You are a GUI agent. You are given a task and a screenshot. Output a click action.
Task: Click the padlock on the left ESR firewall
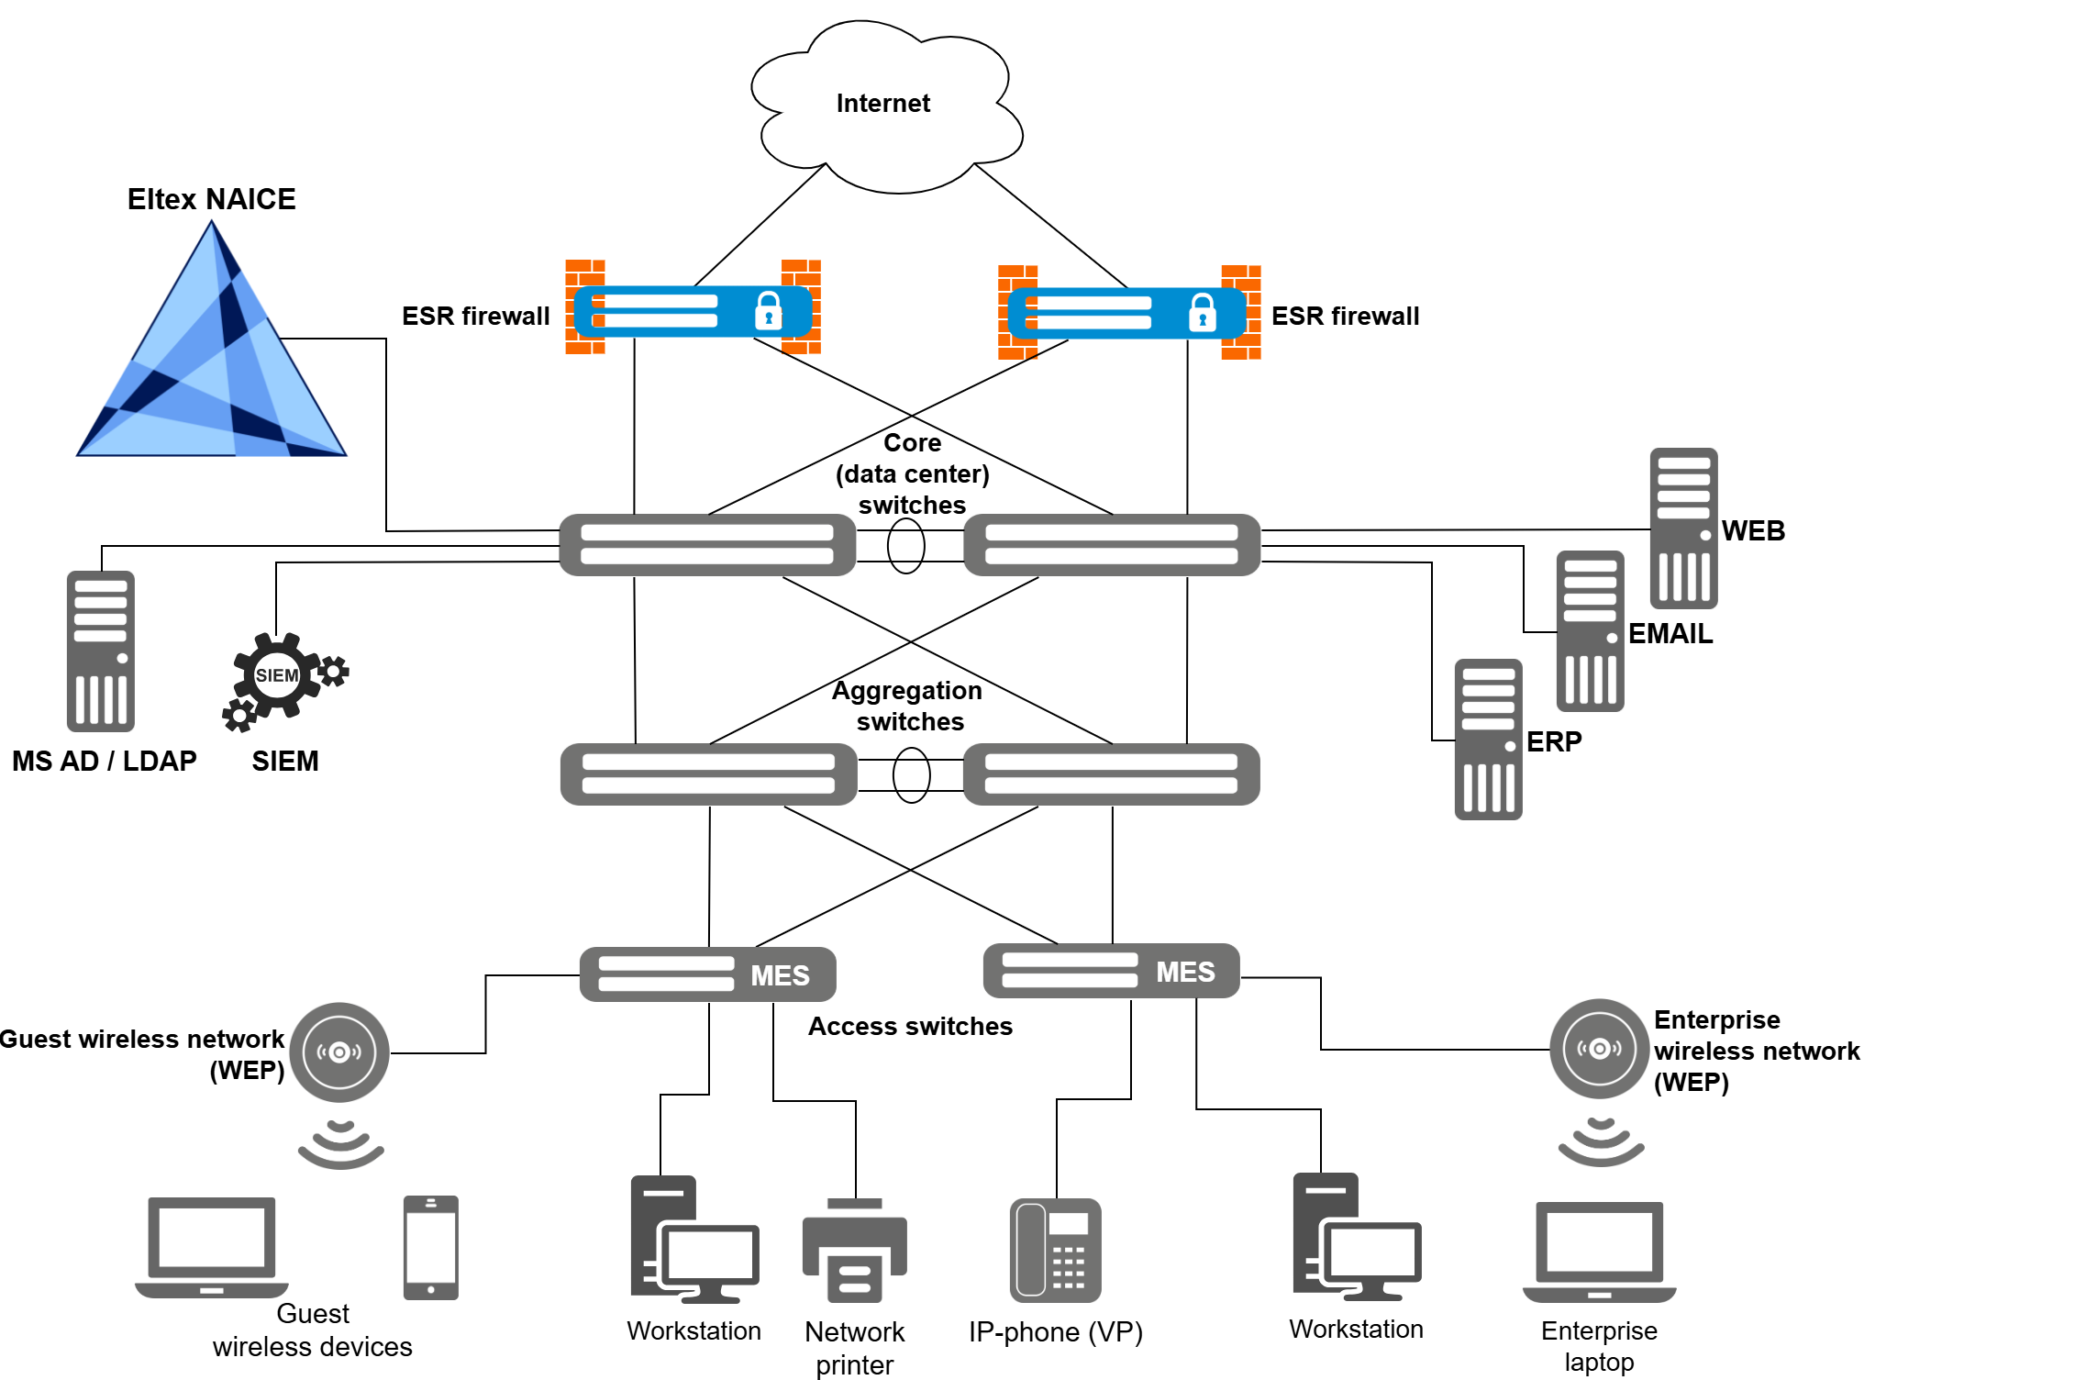[768, 311]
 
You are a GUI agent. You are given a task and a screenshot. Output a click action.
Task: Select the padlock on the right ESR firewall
[1202, 313]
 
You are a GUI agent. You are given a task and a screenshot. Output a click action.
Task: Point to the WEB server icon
[1683, 529]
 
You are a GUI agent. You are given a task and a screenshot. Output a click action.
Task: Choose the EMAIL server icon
[1590, 631]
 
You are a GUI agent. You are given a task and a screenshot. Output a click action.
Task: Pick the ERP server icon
[1488, 740]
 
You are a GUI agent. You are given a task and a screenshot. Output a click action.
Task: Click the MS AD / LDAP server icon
[101, 651]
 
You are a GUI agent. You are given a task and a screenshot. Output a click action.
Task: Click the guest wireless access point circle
[339, 1052]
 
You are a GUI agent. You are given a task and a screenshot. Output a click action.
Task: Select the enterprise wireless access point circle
[1599, 1049]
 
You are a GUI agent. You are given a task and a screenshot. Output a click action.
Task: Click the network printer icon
[855, 1252]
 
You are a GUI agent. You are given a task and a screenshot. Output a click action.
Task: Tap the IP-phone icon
[1056, 1251]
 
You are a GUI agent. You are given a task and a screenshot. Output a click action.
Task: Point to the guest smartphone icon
[431, 1248]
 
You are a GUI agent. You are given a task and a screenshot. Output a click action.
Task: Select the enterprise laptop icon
[1599, 1252]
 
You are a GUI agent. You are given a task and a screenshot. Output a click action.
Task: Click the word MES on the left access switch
[780, 975]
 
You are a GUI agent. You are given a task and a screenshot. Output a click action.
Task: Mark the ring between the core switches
[906, 546]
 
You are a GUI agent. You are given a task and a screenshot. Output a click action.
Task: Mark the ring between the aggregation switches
[911, 775]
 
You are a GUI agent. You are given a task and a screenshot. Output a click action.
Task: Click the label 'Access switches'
[910, 1027]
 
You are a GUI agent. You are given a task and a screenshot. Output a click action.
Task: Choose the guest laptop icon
[212, 1246]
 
